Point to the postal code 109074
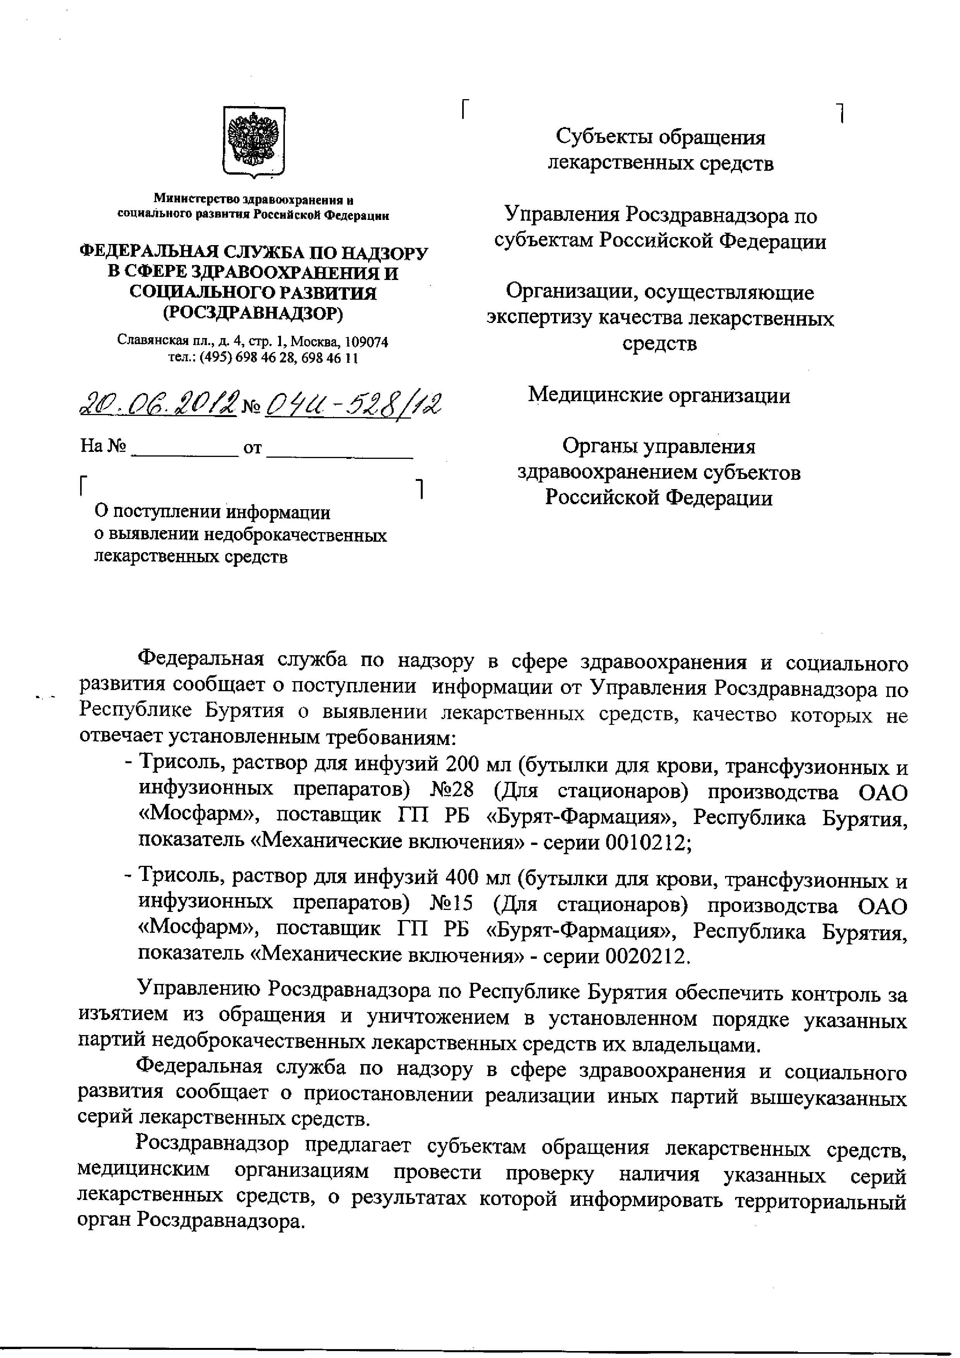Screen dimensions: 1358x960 click(x=367, y=342)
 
